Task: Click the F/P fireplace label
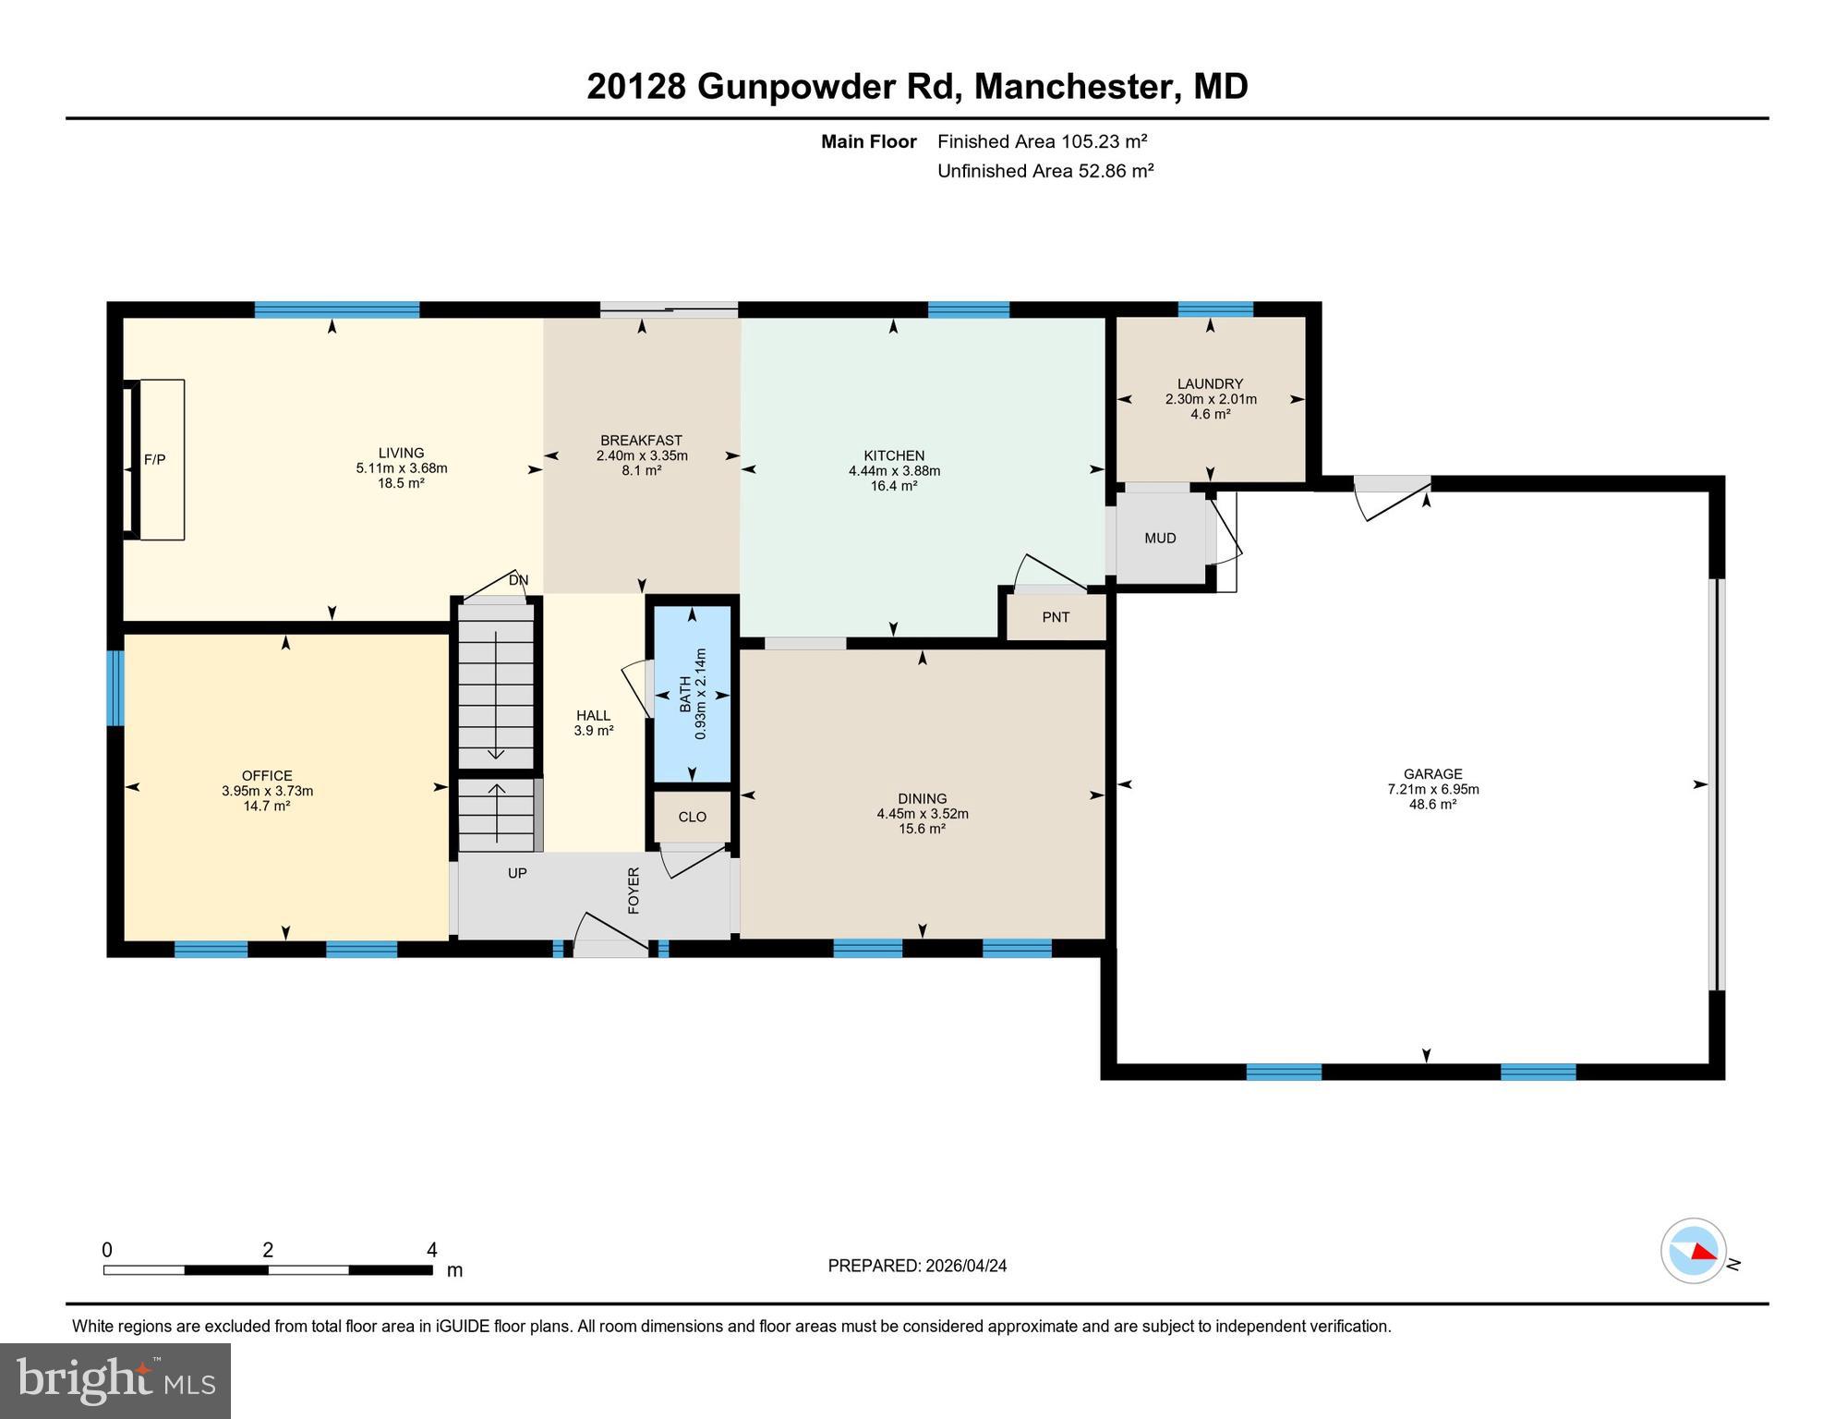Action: (x=154, y=459)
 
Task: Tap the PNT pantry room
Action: (x=1056, y=617)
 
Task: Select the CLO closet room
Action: (x=692, y=817)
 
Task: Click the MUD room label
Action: (x=1160, y=538)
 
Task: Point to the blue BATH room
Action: (x=693, y=693)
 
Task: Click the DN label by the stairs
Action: (x=519, y=580)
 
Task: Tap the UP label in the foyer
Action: (x=517, y=873)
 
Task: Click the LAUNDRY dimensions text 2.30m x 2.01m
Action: (x=1211, y=399)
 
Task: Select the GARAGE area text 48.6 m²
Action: (x=1432, y=805)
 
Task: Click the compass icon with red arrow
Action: (x=1694, y=1251)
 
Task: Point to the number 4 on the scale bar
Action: (x=431, y=1250)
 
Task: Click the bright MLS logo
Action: (x=115, y=1380)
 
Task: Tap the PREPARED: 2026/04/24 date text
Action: (x=917, y=1266)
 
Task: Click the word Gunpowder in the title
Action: (x=795, y=87)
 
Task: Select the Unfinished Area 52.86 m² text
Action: (x=1045, y=171)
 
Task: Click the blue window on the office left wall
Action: (x=115, y=688)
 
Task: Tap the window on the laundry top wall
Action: (x=1215, y=309)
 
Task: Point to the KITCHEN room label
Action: (x=894, y=455)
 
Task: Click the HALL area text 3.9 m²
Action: (x=594, y=730)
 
